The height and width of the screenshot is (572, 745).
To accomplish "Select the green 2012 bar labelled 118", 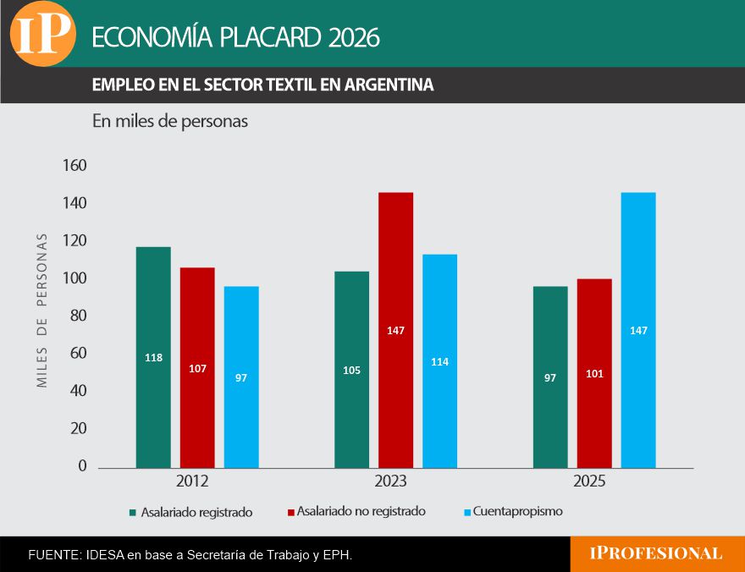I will (x=153, y=356).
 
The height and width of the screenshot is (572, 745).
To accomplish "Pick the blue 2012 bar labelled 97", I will (x=241, y=377).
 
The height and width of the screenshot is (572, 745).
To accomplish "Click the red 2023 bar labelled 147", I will (x=395, y=329).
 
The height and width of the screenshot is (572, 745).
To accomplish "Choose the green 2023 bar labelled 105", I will (x=351, y=369).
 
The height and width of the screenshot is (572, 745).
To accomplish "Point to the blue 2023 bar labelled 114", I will (x=439, y=360).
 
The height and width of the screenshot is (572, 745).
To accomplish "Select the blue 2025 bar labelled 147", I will (x=638, y=329).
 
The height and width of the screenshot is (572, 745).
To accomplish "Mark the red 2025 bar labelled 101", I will (x=594, y=372).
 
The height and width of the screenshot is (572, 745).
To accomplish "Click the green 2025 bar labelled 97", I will (x=550, y=377).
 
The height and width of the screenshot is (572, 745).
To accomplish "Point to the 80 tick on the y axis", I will (x=77, y=316).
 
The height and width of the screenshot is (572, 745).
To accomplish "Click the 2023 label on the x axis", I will (x=391, y=481).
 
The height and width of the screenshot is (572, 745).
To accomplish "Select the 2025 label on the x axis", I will (x=589, y=481).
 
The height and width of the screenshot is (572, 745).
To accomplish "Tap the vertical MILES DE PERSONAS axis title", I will (x=42, y=311).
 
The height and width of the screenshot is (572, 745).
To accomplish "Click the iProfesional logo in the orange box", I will (x=656, y=553).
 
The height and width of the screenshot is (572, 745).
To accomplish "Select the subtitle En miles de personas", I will (x=170, y=122).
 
